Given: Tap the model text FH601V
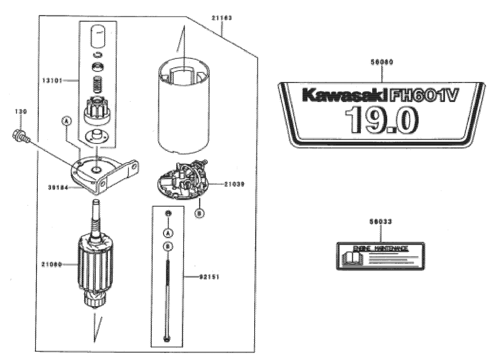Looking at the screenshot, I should [425, 96].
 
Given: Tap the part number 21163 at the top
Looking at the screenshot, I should [222, 18].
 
